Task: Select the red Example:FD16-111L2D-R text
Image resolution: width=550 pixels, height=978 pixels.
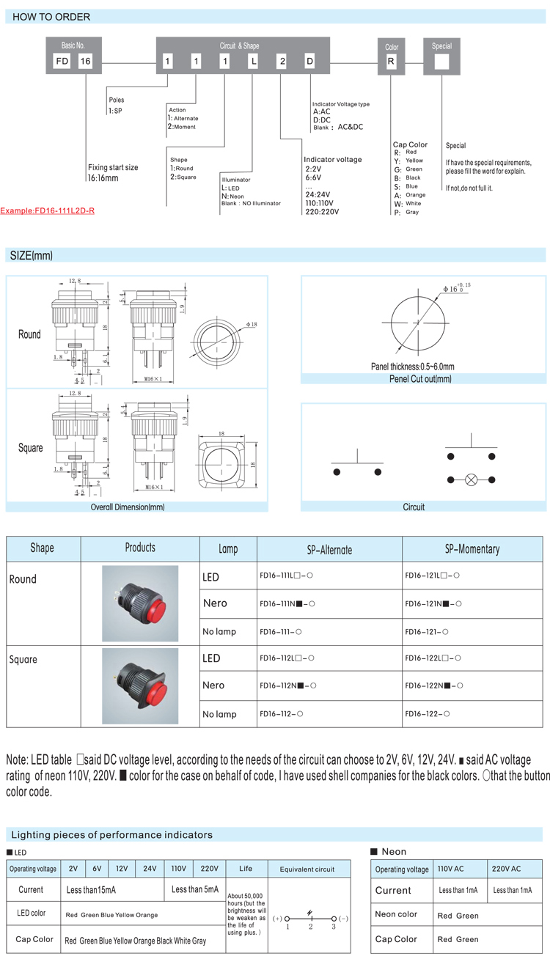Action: point(48,210)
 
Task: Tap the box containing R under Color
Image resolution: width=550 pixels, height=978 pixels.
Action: point(391,62)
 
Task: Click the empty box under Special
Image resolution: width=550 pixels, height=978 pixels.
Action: point(441,62)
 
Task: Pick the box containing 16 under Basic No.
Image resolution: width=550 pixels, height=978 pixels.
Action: point(85,62)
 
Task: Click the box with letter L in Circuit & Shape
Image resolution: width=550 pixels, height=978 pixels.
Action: point(253,62)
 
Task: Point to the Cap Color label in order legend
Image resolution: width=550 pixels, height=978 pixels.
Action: point(410,145)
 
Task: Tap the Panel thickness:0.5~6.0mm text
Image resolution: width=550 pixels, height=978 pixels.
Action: point(413,367)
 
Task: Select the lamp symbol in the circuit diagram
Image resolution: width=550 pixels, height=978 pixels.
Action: point(472,480)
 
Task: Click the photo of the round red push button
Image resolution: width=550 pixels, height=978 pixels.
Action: point(140,603)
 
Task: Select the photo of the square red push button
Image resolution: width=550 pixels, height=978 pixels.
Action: point(140,685)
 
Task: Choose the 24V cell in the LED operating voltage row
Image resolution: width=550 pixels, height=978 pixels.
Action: point(149,869)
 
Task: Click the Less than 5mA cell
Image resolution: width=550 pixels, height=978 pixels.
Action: point(194,889)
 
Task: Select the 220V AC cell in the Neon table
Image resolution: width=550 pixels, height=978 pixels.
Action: point(505,869)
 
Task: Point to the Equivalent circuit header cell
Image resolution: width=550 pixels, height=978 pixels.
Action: point(307,869)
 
